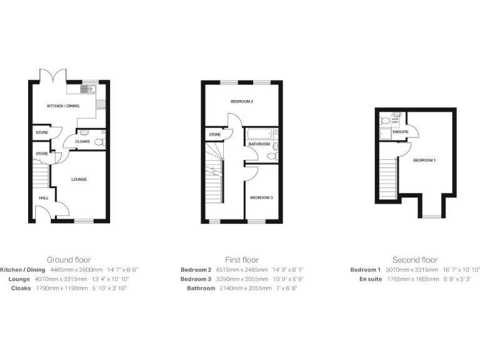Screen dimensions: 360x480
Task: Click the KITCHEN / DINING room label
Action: [63, 106]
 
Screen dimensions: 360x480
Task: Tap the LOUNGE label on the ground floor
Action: [79, 179]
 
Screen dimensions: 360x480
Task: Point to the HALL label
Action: [44, 197]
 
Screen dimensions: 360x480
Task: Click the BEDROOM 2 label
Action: [241, 101]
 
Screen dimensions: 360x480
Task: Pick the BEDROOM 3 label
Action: [261, 197]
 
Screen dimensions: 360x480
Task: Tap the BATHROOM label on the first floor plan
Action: [259, 144]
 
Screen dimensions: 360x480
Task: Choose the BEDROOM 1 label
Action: [424, 161]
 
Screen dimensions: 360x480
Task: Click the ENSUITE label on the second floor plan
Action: [401, 132]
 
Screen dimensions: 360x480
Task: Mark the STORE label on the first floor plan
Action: [214, 134]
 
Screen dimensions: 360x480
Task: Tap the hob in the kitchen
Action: [101, 104]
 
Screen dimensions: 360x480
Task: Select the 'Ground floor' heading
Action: [69, 259]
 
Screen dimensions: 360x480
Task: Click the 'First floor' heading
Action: [242, 259]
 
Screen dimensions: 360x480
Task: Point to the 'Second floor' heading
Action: [415, 259]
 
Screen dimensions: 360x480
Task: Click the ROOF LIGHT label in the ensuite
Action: [395, 121]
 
